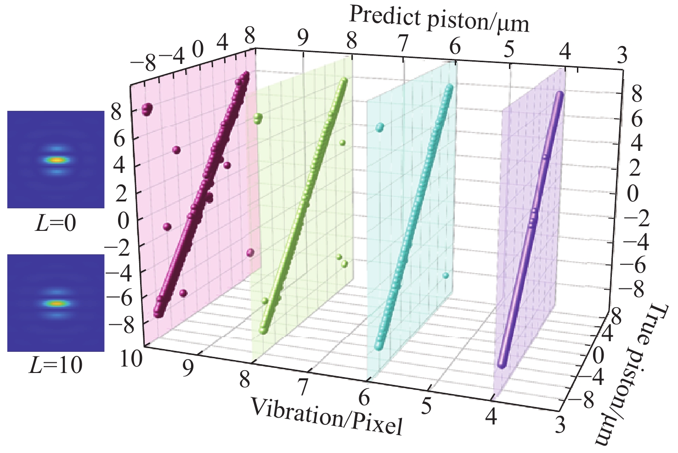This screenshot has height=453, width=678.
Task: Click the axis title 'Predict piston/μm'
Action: pos(440,20)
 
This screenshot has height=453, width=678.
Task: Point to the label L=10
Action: pos(58,365)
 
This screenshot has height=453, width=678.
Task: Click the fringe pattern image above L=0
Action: pos(56,160)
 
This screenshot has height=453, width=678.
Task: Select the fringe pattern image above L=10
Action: pos(56,303)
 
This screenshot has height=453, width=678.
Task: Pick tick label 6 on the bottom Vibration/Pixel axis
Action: pos(364,397)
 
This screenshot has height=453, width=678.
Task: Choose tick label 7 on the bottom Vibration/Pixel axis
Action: pos(303,387)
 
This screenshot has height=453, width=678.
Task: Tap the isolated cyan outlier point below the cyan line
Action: pos(446,275)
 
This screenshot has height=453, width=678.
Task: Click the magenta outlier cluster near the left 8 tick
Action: pos(147,109)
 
